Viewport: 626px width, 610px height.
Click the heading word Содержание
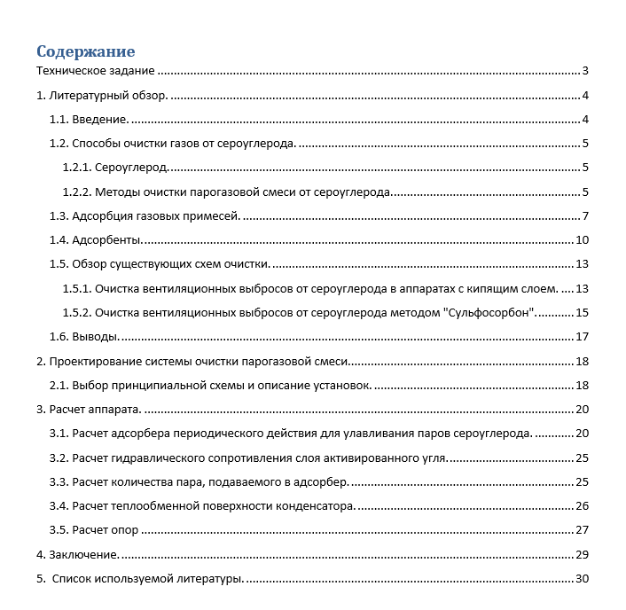[85, 51]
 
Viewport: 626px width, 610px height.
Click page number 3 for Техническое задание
[586, 71]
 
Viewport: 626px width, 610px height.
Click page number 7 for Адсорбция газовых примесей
[586, 215]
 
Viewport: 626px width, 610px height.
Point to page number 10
[583, 239]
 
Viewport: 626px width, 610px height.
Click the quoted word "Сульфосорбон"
[490, 312]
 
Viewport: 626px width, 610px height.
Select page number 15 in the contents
[583, 312]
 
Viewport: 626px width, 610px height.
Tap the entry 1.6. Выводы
[85, 336]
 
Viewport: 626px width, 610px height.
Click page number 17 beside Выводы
[583, 336]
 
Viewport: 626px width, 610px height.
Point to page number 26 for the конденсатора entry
[583, 505]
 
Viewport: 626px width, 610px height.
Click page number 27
[583, 530]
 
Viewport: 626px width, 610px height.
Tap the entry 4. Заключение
[77, 554]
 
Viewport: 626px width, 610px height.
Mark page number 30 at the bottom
[583, 579]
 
